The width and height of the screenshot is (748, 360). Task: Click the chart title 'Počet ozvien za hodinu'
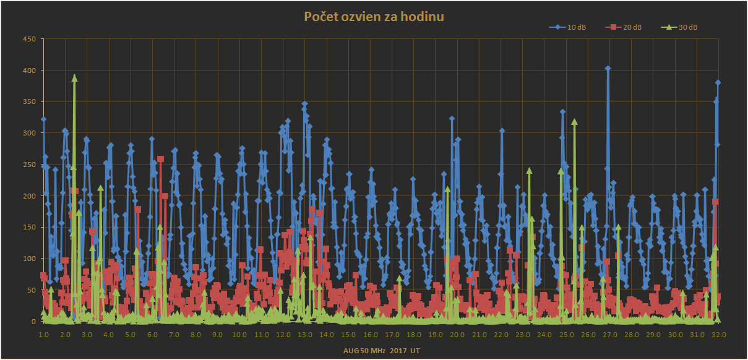click(374, 17)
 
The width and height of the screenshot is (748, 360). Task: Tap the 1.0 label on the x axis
click(44, 335)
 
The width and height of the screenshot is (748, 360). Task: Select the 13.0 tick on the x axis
click(305, 335)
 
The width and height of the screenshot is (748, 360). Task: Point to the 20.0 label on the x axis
click(457, 335)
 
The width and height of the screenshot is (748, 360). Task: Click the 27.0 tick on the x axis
click(609, 335)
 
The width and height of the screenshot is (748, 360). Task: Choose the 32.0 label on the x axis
click(718, 335)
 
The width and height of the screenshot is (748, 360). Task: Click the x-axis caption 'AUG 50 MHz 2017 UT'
click(382, 350)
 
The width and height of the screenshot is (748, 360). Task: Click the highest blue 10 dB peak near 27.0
click(608, 69)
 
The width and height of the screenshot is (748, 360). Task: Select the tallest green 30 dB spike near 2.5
click(74, 78)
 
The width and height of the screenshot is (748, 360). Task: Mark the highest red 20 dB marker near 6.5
click(160, 159)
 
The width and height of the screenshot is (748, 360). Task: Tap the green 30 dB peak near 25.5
click(574, 122)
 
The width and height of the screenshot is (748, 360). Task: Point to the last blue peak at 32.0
click(718, 83)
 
